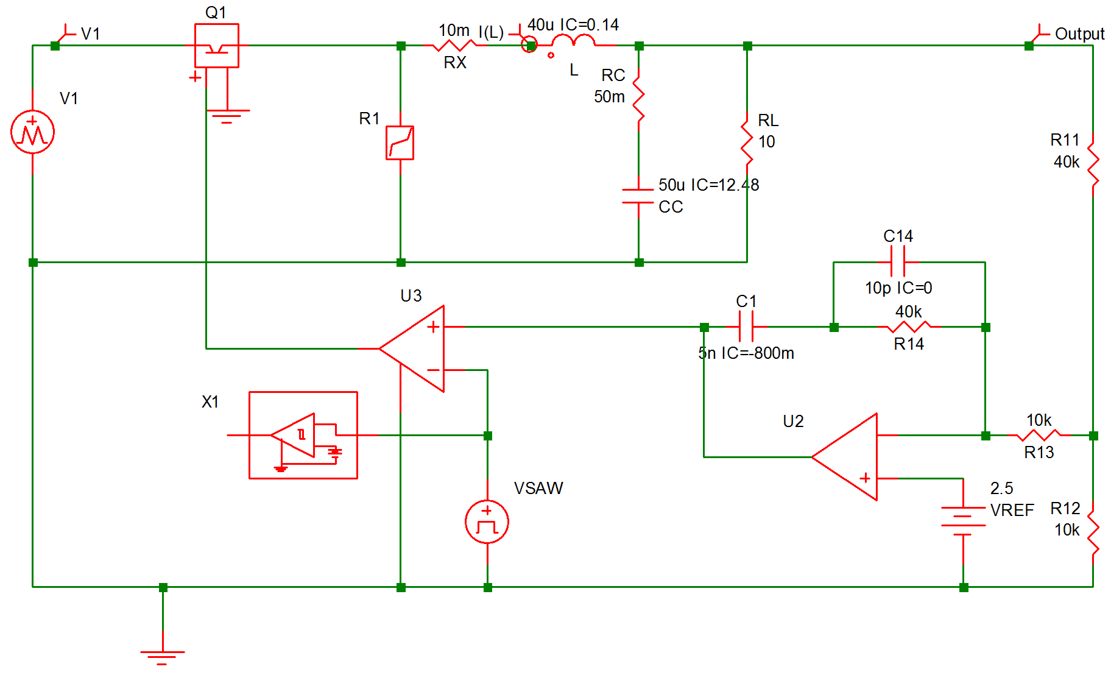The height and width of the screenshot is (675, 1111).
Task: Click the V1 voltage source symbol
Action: tap(32, 132)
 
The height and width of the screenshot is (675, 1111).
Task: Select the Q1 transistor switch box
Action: tap(216, 46)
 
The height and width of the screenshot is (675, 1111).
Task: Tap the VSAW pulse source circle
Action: tap(487, 522)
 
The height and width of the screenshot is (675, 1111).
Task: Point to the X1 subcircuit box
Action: tap(303, 435)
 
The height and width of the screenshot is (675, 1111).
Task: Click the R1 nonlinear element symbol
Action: tap(400, 143)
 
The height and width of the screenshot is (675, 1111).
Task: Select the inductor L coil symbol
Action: tap(573, 42)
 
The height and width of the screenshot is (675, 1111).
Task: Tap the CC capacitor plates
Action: tap(638, 196)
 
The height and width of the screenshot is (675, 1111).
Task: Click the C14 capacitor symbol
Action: tap(897, 263)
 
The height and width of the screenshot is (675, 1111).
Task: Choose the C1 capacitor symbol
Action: tap(746, 327)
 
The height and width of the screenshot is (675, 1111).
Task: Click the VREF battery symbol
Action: tap(963, 517)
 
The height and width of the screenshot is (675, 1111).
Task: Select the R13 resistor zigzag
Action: tap(1039, 435)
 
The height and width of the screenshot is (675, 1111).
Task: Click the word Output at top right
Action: tap(1079, 34)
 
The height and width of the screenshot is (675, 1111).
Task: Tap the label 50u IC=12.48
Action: tap(708, 185)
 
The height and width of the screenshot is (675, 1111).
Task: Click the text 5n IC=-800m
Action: tap(746, 353)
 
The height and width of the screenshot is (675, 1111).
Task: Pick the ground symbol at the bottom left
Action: tap(163, 655)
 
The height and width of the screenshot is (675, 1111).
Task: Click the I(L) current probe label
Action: tap(491, 32)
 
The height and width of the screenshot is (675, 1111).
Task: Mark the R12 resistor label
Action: tap(1065, 509)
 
